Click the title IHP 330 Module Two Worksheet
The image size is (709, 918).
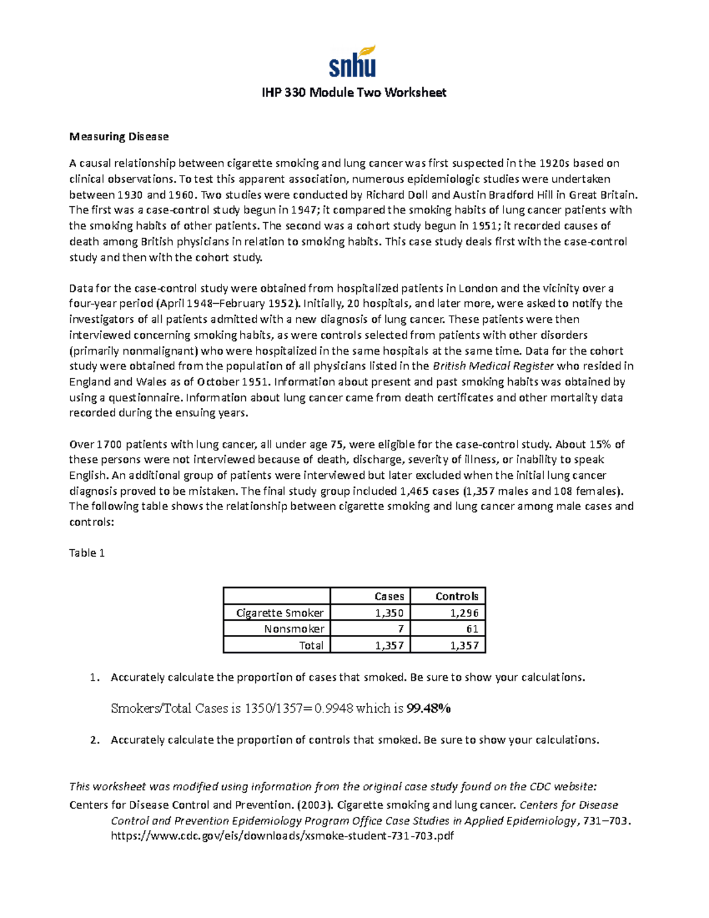point(354,93)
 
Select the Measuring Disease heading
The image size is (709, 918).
point(119,137)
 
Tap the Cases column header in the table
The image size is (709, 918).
point(389,596)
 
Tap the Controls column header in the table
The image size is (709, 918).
point(456,596)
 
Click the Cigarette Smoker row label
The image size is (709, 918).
point(279,613)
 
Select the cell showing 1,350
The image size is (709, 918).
point(389,613)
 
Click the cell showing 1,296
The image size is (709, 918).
point(464,613)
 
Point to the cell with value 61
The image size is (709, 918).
point(471,629)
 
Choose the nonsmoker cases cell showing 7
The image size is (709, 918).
point(400,629)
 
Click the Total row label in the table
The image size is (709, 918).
point(311,645)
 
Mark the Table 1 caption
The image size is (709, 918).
point(87,553)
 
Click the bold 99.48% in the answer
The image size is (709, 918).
point(429,709)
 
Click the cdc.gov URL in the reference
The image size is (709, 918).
point(282,836)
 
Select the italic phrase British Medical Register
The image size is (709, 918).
point(493,366)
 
